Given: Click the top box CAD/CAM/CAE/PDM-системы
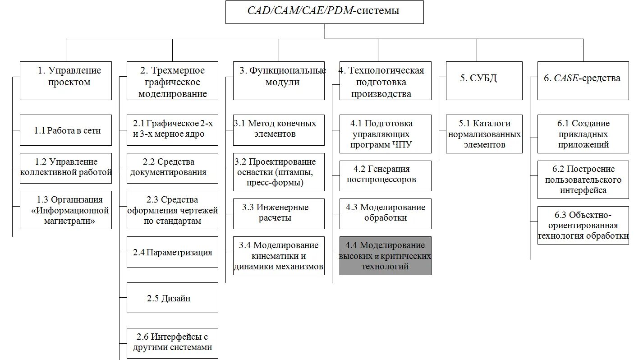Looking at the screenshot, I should click(324, 12).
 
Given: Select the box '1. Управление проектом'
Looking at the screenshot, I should click(66, 81).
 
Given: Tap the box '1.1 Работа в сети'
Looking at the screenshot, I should click(66, 130).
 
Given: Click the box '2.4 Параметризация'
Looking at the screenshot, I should click(172, 252).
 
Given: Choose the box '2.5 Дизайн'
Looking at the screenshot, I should click(172, 298).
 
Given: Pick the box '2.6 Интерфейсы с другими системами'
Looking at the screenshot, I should click(172, 342).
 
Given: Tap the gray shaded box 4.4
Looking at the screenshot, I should click(385, 256).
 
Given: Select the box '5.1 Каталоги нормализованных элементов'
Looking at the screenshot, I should click(484, 134).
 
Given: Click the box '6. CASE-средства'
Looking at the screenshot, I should click(583, 81).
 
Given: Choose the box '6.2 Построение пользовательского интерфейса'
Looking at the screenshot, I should click(583, 180).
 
